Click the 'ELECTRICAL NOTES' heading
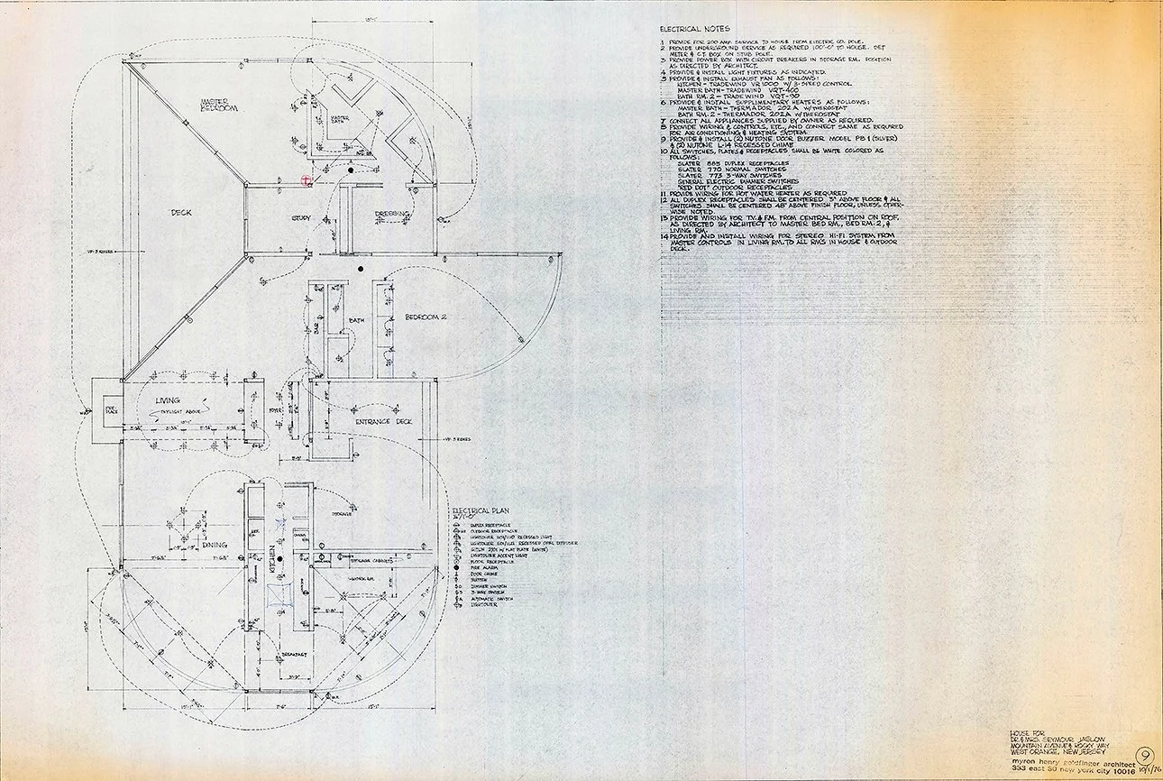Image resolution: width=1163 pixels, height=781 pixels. (x=692, y=29)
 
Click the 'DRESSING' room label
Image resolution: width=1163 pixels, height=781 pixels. (x=393, y=214)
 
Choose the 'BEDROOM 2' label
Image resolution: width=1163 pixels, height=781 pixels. (x=427, y=317)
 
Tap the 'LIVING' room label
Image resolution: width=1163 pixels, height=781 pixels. (x=168, y=400)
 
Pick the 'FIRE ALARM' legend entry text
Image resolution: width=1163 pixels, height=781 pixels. (x=485, y=567)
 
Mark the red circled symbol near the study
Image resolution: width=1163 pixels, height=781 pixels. (x=306, y=179)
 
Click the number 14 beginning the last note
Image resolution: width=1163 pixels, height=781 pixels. (x=663, y=235)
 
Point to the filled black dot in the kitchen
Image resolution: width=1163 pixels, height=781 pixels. (x=280, y=560)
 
